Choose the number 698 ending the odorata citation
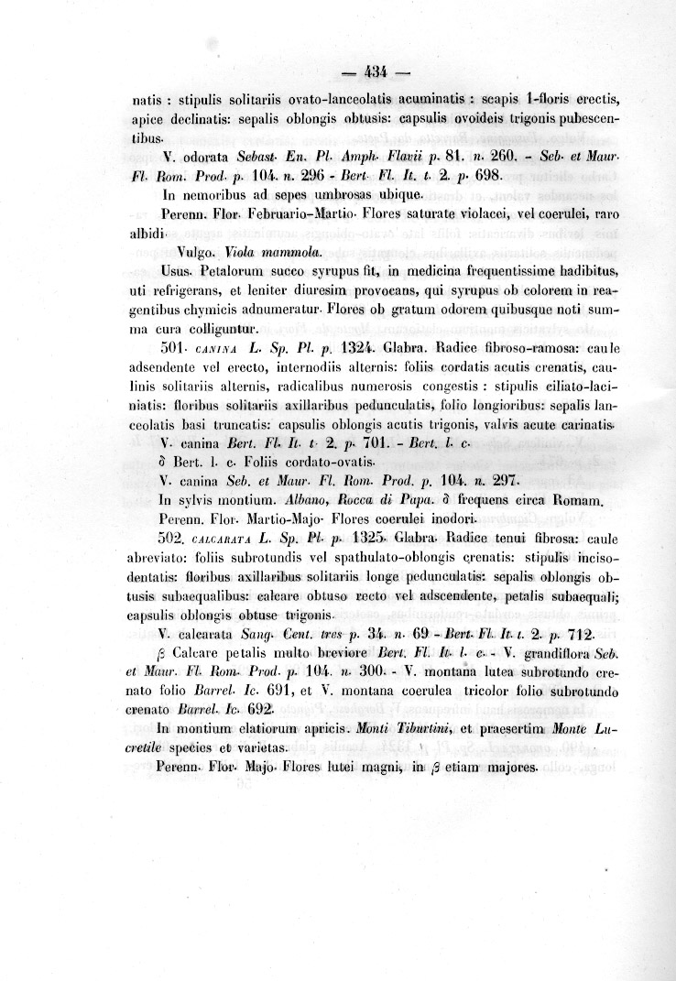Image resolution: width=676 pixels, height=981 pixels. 483,173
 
